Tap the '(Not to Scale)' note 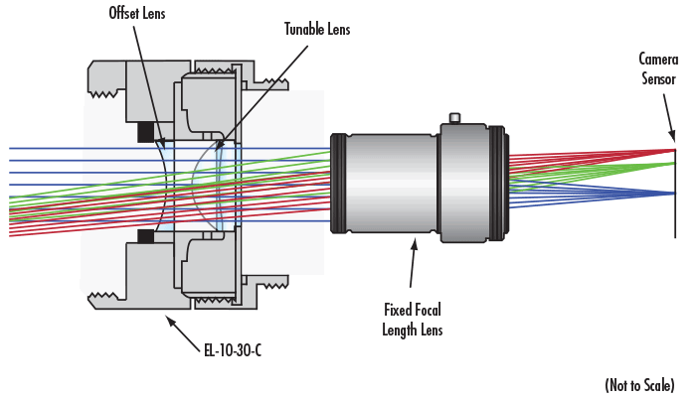pyautogui.click(x=642, y=383)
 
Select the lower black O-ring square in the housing pyautogui.click(x=147, y=235)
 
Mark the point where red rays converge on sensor pyautogui.click(x=675, y=150)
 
